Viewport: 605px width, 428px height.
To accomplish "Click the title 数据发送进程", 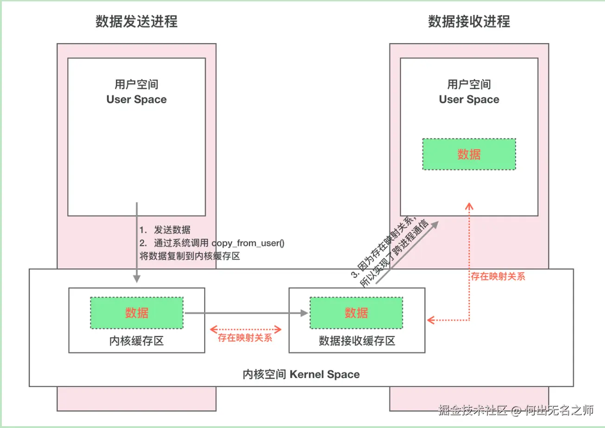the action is click(x=136, y=21).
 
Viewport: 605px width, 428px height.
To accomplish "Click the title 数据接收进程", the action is click(x=469, y=21).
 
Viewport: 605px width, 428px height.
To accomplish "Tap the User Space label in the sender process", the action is click(x=136, y=100).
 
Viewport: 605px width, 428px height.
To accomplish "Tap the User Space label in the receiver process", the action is click(x=469, y=100).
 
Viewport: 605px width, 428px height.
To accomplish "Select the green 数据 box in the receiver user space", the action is click(x=469, y=154).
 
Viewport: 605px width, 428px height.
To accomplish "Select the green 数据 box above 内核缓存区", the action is click(x=137, y=313).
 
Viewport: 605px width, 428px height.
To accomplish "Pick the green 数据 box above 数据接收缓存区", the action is click(x=356, y=313).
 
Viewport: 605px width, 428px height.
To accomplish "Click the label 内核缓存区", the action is click(x=137, y=341).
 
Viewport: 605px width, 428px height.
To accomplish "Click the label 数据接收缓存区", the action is click(x=357, y=341).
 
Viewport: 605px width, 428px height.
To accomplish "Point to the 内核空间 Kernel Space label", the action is click(x=301, y=374).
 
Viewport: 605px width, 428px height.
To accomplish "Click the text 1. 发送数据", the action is click(x=165, y=230).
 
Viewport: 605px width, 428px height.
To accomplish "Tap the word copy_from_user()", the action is click(x=248, y=243).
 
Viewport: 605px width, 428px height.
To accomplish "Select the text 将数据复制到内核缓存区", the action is click(x=189, y=256).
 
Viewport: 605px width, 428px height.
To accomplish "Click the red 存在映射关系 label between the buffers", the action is click(x=245, y=338).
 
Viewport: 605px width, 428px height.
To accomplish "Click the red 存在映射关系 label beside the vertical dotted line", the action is click(x=498, y=277).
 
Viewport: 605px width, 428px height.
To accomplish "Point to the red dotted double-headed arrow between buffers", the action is click(x=246, y=329).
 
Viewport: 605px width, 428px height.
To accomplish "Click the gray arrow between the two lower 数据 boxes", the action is click(x=246, y=313).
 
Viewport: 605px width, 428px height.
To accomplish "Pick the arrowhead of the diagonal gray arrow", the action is click(x=435, y=224).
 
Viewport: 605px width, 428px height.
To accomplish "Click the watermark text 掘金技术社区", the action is click(x=473, y=410).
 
